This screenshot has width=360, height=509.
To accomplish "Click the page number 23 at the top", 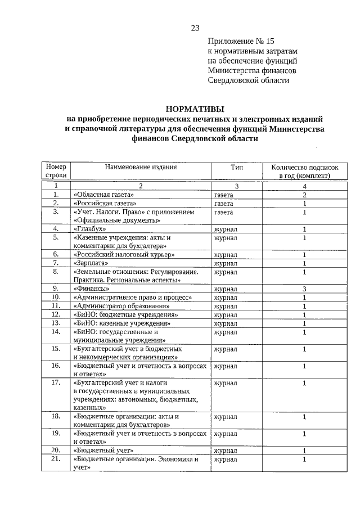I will click(x=195, y=28).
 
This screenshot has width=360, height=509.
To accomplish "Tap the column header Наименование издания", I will click(x=141, y=167).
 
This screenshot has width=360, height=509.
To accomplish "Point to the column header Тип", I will click(x=236, y=167).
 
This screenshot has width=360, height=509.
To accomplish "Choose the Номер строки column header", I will click(x=56, y=172).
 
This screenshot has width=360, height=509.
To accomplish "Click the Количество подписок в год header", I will click(x=304, y=172).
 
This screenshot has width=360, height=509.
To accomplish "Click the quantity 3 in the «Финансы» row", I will click(x=304, y=289).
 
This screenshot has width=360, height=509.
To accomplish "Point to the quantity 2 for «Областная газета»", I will click(x=304, y=195).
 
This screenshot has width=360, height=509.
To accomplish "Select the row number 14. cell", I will click(x=56, y=332).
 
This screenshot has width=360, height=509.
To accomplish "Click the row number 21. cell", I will click(x=56, y=459).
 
